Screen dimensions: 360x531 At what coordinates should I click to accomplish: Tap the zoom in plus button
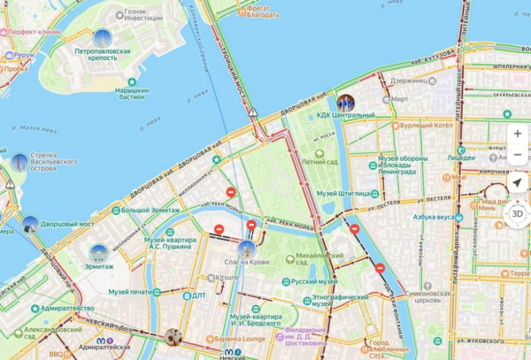(518, 134)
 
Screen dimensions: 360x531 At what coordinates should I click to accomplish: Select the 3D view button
(518, 213)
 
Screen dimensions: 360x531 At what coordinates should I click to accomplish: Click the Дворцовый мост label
(69, 224)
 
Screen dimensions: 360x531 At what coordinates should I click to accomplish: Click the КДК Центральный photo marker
(345, 103)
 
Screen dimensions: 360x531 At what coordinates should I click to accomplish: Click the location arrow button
(518, 182)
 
